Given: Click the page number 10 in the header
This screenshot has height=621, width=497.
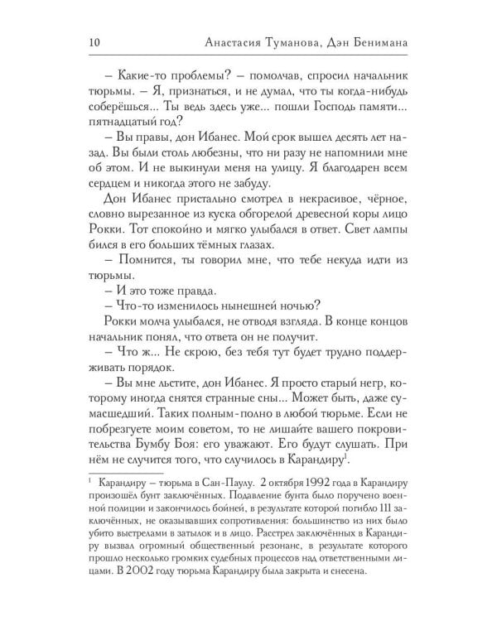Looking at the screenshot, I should pyautogui.click(x=93, y=43).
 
